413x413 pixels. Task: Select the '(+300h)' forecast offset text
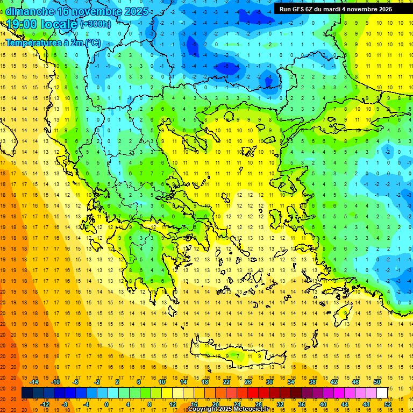coord(95,24)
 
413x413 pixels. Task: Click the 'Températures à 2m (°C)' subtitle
coord(53,42)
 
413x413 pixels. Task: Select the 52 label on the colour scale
coord(388,404)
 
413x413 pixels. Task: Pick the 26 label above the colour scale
coord(248,382)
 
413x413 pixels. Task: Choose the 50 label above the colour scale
coord(377,382)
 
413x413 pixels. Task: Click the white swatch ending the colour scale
coord(382,393)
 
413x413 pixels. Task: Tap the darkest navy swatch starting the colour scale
coord(27,393)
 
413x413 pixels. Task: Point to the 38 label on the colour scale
coord(312,382)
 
